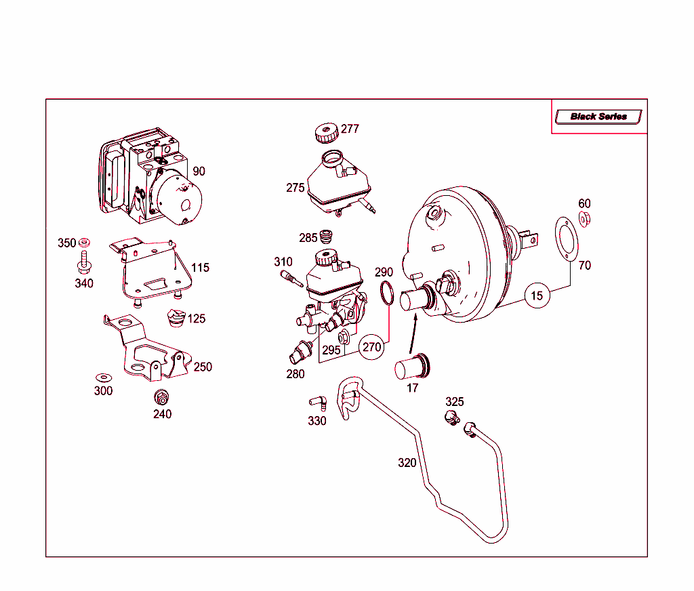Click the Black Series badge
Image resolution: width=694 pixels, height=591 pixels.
click(598, 117)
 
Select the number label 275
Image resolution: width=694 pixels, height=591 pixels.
click(295, 188)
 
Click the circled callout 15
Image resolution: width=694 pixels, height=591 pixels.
click(537, 296)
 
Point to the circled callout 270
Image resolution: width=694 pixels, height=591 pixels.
click(371, 346)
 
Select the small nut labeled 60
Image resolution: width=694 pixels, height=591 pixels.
click(584, 218)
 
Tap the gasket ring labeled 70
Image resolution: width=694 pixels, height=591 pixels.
click(565, 239)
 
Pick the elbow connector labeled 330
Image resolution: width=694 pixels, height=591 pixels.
click(319, 403)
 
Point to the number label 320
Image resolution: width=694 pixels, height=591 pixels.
click(407, 463)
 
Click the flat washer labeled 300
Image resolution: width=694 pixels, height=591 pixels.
click(103, 376)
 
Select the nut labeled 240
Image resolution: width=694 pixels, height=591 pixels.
click(162, 397)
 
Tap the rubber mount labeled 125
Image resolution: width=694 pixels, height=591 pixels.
click(176, 318)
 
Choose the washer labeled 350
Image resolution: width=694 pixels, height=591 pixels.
click(85, 242)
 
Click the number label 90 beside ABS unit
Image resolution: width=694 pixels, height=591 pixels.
click(199, 171)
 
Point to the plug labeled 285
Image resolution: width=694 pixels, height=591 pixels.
click(327, 237)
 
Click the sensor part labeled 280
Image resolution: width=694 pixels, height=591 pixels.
click(298, 352)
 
